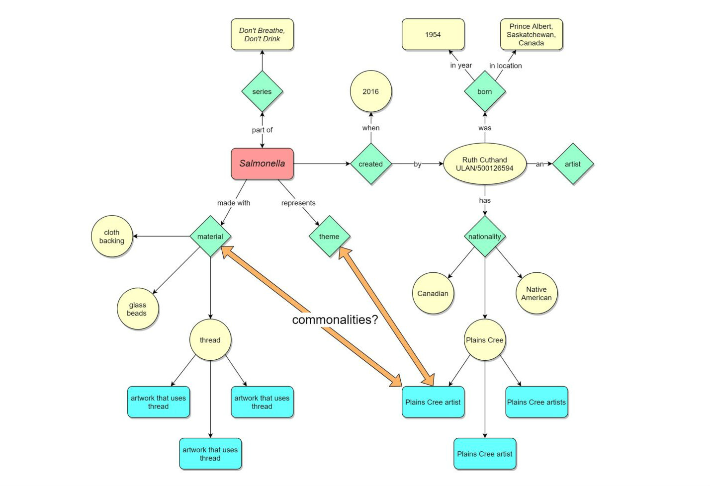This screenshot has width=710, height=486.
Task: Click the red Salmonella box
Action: tap(262, 163)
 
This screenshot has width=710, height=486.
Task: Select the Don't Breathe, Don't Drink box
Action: tap(262, 35)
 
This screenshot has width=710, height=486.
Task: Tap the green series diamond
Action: tap(262, 91)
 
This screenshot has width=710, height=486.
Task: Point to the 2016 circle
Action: tap(370, 91)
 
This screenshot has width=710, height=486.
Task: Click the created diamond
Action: tap(370, 164)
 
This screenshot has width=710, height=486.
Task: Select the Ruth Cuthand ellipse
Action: tap(484, 164)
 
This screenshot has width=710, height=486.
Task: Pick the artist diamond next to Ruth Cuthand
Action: tap(572, 164)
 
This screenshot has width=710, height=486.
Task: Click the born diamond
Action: tap(484, 91)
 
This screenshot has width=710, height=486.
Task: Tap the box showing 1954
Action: tap(433, 35)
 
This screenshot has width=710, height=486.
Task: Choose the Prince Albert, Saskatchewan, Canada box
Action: tap(531, 35)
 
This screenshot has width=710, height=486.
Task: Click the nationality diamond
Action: tap(484, 237)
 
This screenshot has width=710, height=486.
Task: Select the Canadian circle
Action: tap(433, 293)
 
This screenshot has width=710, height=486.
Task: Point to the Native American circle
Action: tap(536, 293)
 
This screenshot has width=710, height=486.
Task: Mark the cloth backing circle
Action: tap(112, 237)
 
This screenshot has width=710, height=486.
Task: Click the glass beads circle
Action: tap(137, 309)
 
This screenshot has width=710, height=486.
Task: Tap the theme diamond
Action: tap(329, 237)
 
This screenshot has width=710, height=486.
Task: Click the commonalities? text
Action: tap(335, 320)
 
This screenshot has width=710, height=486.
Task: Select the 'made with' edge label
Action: tap(234, 203)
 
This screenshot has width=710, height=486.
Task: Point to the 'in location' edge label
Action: tap(505, 66)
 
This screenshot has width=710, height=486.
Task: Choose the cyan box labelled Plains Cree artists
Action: tap(536, 402)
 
